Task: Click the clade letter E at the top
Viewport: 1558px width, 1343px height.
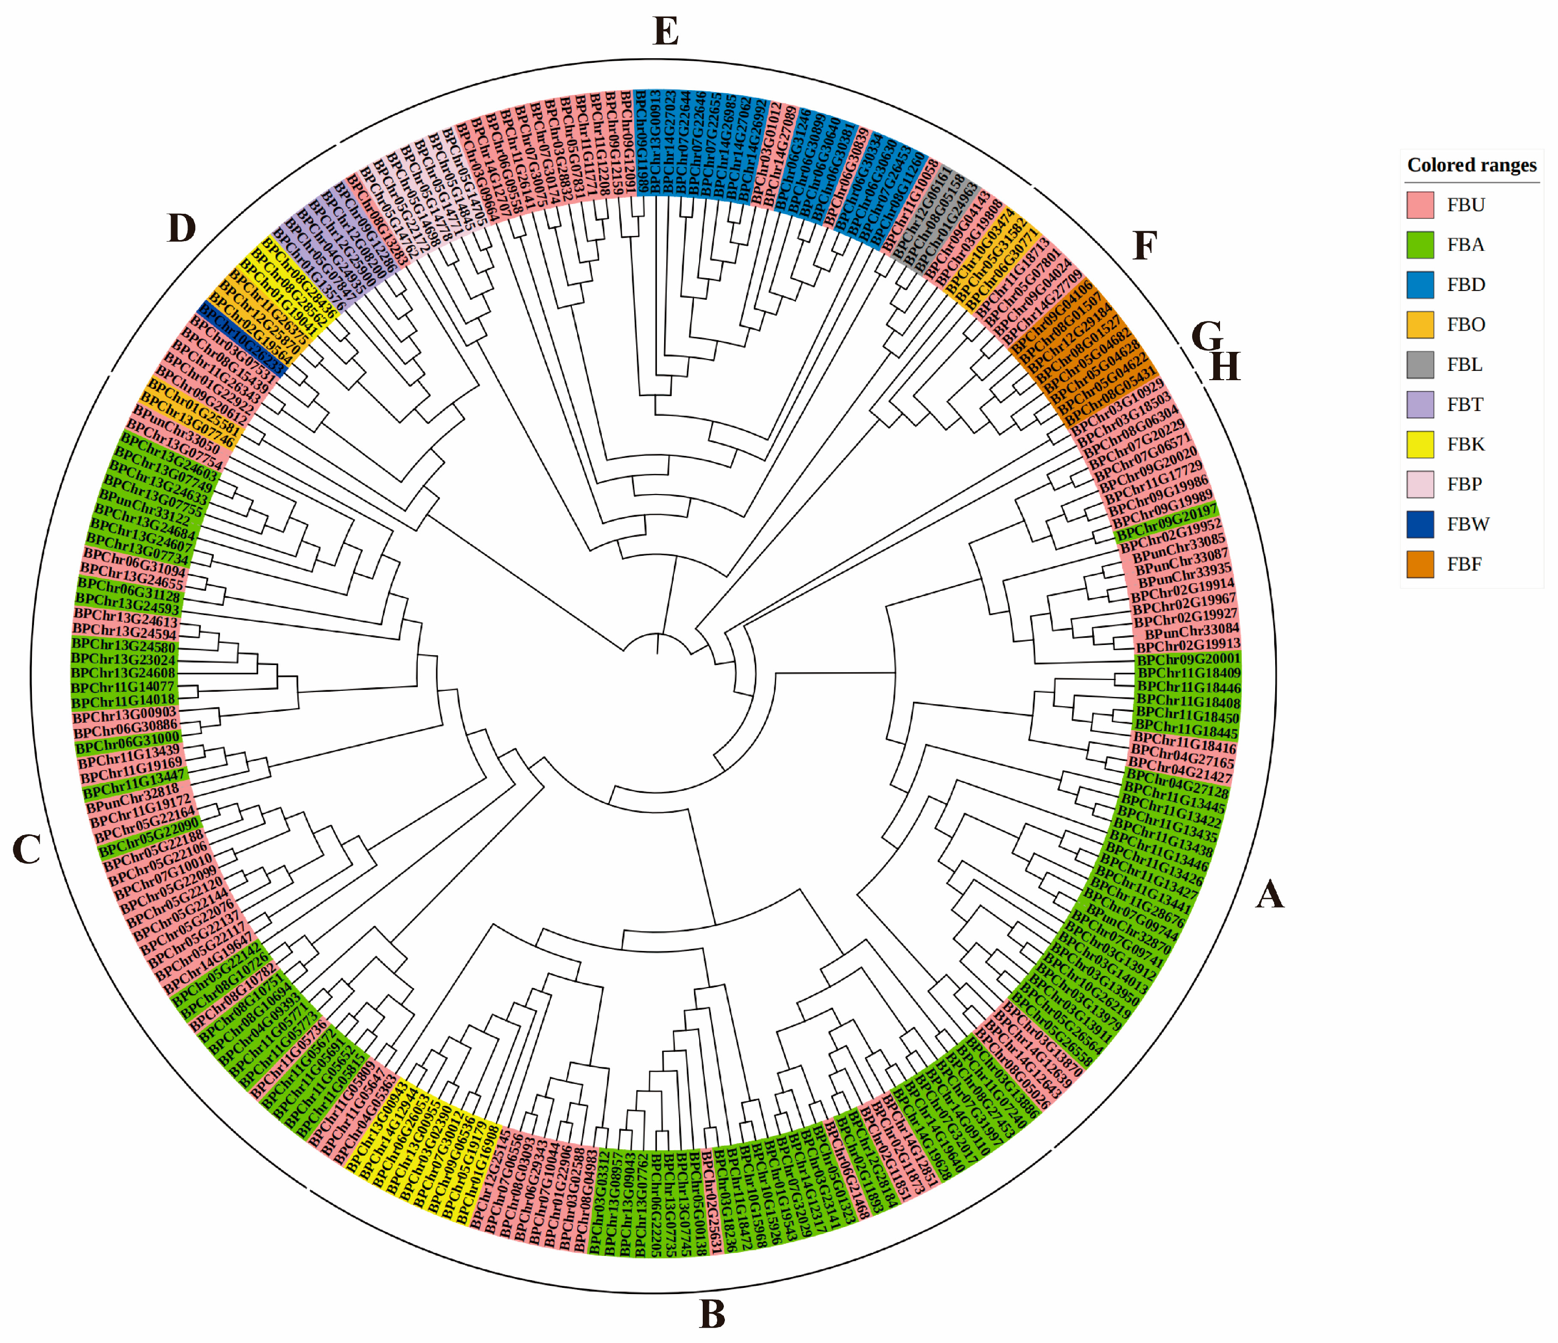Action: (x=666, y=31)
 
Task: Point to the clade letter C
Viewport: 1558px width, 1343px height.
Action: (x=27, y=849)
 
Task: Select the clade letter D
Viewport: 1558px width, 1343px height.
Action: (x=181, y=228)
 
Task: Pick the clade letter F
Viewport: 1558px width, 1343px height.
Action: (x=1144, y=246)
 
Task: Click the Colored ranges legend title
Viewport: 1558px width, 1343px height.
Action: (x=1471, y=165)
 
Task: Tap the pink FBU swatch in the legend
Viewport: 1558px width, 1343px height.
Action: (x=1419, y=205)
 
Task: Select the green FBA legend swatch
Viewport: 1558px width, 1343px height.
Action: (x=1419, y=244)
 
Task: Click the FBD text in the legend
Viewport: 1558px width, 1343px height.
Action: (x=1465, y=284)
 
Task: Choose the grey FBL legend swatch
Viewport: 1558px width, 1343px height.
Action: (x=1419, y=364)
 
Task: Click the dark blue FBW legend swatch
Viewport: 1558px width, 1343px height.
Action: (x=1419, y=524)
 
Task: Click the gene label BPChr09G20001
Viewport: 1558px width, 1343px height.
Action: (x=1188, y=659)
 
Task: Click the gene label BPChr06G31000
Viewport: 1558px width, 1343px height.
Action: (x=127, y=744)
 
